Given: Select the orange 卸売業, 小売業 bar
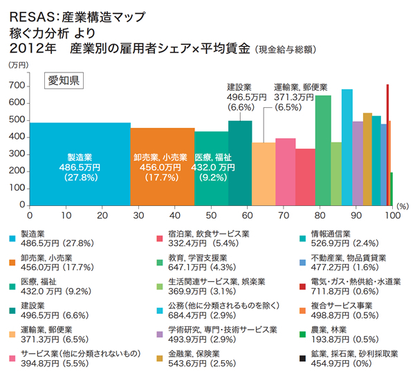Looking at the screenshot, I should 163,166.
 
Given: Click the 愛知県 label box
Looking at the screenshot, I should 64,82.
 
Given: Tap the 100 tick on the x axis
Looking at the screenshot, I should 391,216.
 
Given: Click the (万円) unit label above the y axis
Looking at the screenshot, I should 19,65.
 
